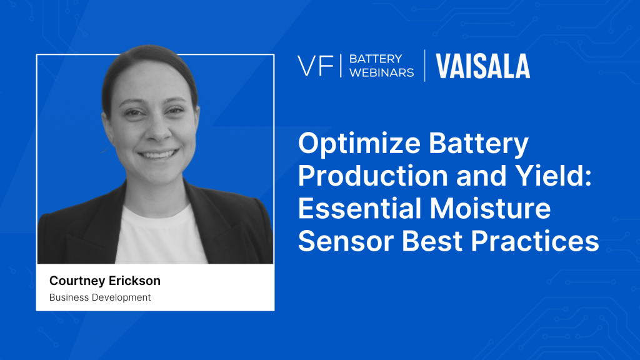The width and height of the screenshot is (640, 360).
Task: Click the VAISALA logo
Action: pyautogui.click(x=483, y=66)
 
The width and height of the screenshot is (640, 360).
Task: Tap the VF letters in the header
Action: pyautogui.click(x=315, y=66)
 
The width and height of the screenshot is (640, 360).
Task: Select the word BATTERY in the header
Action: pyautogui.click(x=376, y=59)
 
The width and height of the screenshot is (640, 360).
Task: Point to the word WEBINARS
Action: pyautogui.click(x=382, y=72)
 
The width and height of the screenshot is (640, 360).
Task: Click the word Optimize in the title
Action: pyautogui.click(x=359, y=144)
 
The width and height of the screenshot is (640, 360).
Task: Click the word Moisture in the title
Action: pyautogui.click(x=490, y=208)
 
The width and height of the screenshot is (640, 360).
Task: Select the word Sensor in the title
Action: pyautogui.click(x=346, y=241)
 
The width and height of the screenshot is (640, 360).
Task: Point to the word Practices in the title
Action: pyautogui.click(x=535, y=241)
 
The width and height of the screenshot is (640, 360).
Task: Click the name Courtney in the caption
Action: pyautogui.click(x=77, y=281)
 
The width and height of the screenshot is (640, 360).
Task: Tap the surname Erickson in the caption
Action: pyautogui.click(x=134, y=281)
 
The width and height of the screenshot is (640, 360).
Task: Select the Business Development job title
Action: pyautogui.click(x=100, y=297)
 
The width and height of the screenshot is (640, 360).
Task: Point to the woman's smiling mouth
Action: pyautogui.click(x=158, y=154)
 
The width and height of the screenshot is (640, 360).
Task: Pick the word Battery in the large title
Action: pyautogui.click(x=478, y=144)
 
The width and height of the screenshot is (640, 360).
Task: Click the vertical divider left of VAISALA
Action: pyautogui.click(x=425, y=66)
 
